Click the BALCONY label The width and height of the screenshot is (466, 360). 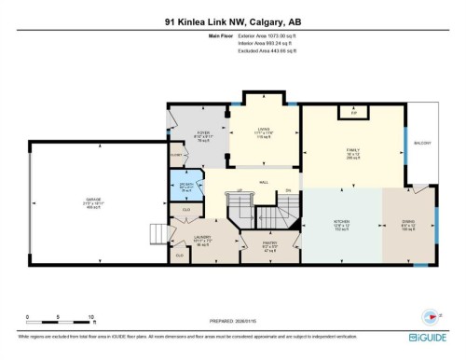coord(423,143)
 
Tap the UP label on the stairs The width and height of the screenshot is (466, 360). coord(240,191)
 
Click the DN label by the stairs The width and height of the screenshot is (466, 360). coord(288,190)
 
